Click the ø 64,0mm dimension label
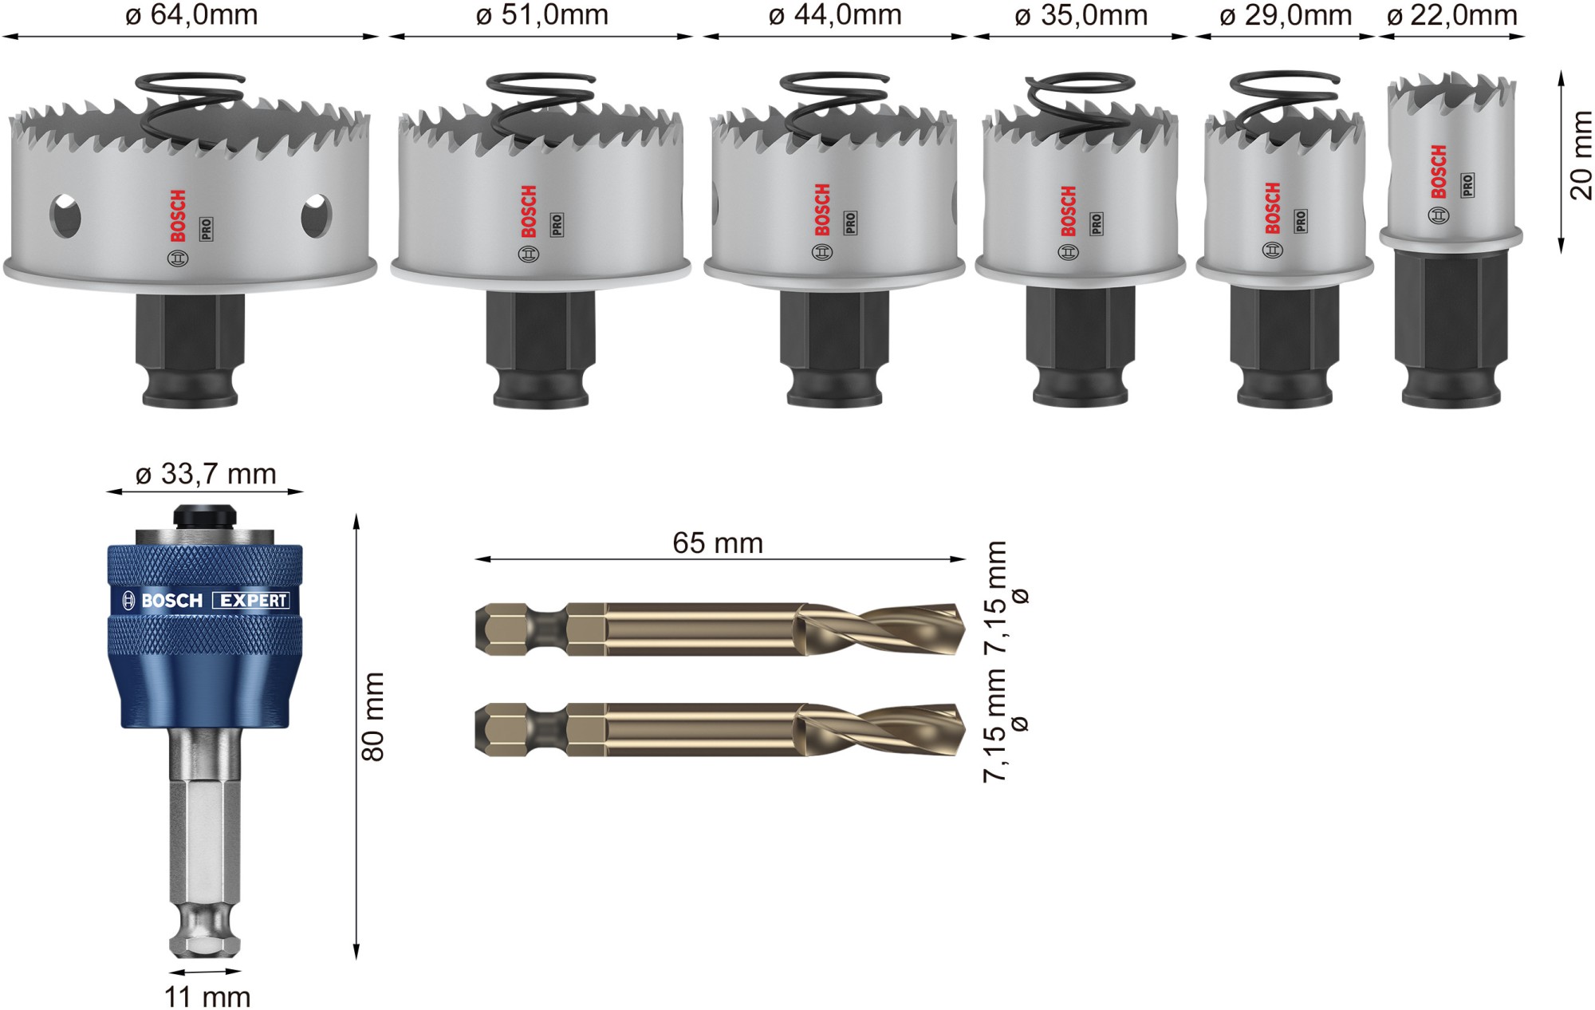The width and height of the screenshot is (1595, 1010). click(191, 15)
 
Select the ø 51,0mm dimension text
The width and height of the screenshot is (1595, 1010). click(542, 15)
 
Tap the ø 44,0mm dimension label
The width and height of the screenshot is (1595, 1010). click(835, 15)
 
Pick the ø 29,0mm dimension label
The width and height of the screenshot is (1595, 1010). click(1286, 15)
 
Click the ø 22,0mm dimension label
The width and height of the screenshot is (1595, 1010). click(1451, 15)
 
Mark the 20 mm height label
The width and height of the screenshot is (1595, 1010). click(1580, 156)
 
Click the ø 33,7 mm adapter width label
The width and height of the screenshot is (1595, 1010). click(206, 474)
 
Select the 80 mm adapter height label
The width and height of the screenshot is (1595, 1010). click(373, 716)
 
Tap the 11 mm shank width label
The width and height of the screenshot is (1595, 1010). click(207, 996)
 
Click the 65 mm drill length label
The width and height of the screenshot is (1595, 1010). click(718, 543)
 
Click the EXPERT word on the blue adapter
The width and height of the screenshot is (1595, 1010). click(252, 601)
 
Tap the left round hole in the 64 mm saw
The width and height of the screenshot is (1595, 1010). click(65, 215)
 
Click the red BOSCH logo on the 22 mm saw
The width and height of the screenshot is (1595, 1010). click(1439, 172)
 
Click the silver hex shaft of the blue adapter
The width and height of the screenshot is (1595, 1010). click(205, 830)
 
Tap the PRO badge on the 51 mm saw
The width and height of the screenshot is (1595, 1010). click(557, 224)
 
